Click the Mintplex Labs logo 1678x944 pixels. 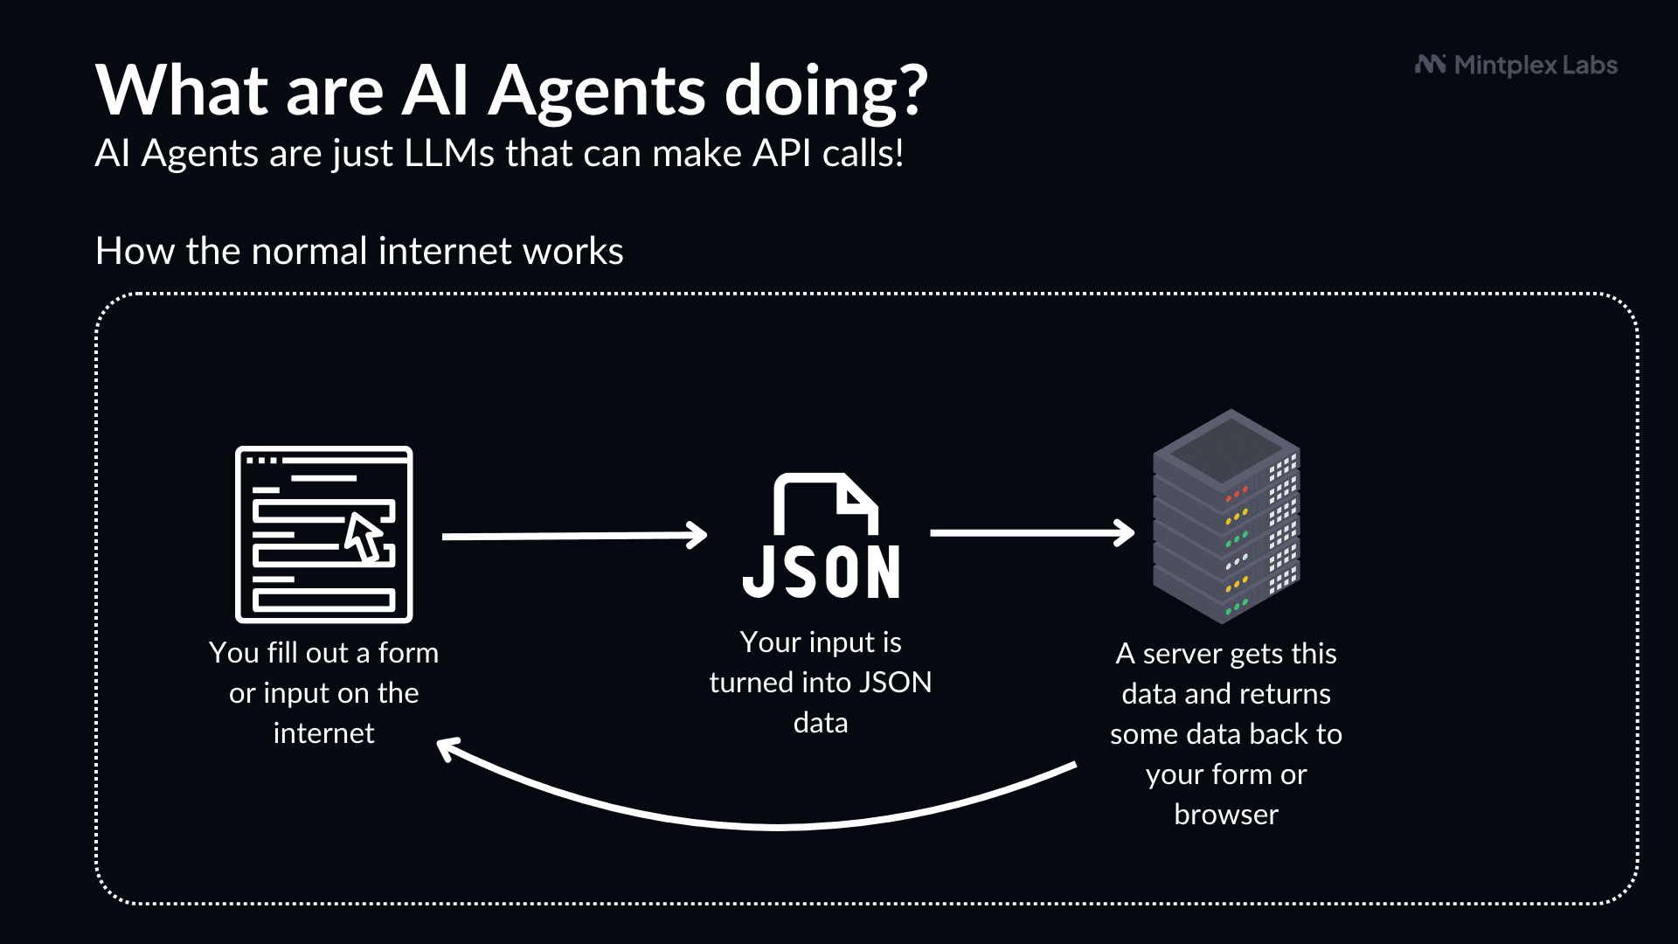click(x=1516, y=66)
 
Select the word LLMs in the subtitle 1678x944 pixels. click(x=449, y=154)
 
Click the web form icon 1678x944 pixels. click(x=323, y=534)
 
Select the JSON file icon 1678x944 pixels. click(x=822, y=536)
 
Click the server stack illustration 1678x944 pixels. click(x=1226, y=517)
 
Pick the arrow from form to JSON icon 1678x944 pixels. click(x=574, y=536)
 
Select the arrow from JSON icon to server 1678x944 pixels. click(x=1032, y=532)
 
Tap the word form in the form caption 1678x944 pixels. click(x=408, y=653)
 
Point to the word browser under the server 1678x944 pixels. click(x=1226, y=815)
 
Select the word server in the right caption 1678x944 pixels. click(x=1182, y=654)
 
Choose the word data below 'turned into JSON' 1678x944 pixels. click(x=821, y=723)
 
